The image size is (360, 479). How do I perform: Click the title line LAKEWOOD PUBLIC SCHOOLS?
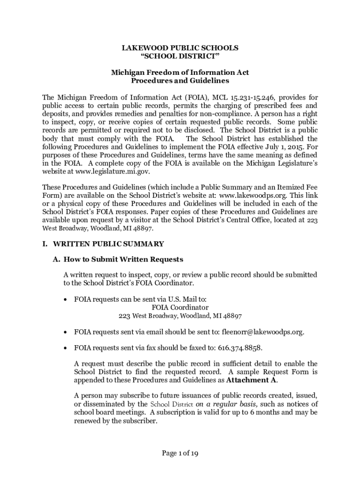pyautogui.click(x=180, y=48)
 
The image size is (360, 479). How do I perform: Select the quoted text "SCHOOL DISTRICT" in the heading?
pyautogui.click(x=180, y=56)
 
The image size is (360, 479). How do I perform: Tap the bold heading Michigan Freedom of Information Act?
pyautogui.click(x=180, y=73)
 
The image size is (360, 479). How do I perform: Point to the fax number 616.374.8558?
pyautogui.click(x=240, y=348)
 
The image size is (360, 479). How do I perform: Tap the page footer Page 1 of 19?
pyautogui.click(x=180, y=453)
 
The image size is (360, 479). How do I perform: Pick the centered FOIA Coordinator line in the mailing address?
pyautogui.click(x=180, y=307)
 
